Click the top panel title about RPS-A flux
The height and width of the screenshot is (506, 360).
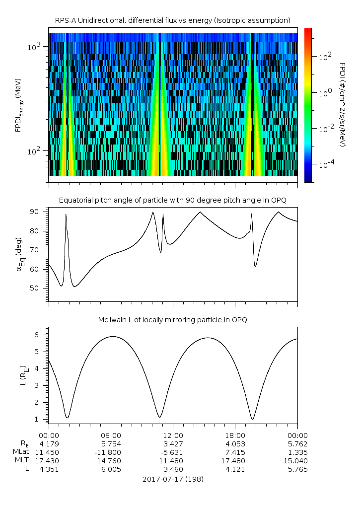click(172, 20)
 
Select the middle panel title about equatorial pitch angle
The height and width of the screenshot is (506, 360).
click(172, 200)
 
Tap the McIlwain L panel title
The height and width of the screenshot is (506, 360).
click(172, 320)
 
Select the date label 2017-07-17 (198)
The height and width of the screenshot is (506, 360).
click(172, 479)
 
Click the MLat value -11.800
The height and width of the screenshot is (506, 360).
click(110, 452)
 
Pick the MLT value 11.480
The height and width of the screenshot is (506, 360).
click(173, 461)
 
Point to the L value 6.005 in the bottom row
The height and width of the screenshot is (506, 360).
click(110, 470)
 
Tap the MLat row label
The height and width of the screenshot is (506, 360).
click(21, 452)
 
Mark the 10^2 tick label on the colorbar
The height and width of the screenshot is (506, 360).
click(324, 57)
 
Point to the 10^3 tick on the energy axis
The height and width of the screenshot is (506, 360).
click(35, 47)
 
